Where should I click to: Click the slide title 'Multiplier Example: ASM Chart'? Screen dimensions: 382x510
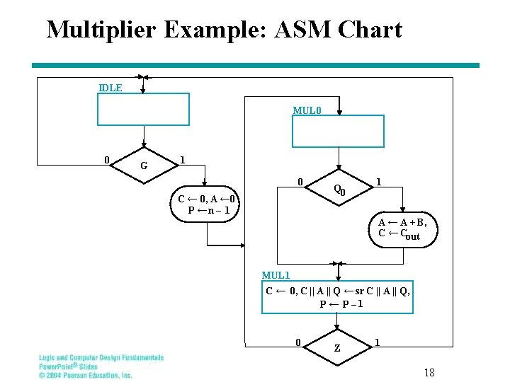[224, 30]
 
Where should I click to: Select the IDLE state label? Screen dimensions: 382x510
[110, 88]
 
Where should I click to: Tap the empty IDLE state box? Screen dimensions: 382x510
[143, 110]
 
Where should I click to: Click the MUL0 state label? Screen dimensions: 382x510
[307, 110]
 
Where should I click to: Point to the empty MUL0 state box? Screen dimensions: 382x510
[339, 131]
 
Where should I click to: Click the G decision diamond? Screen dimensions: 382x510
[144, 166]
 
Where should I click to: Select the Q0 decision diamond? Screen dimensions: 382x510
[339, 188]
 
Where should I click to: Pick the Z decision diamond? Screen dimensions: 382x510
[337, 348]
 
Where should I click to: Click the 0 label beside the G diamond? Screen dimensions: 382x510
[106, 159]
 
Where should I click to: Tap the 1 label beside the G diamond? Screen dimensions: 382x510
[183, 160]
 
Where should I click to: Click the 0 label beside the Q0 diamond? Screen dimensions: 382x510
[300, 182]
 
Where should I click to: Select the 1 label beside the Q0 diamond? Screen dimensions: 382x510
[379, 182]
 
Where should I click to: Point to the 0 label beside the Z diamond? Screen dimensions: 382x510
[298, 342]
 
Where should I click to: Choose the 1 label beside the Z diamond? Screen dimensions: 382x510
[377, 342]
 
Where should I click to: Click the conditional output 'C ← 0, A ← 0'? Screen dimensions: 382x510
[208, 199]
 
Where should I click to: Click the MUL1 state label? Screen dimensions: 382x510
[276, 275]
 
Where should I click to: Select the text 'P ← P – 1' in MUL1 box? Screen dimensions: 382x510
[341, 304]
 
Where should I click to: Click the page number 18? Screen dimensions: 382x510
[429, 372]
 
